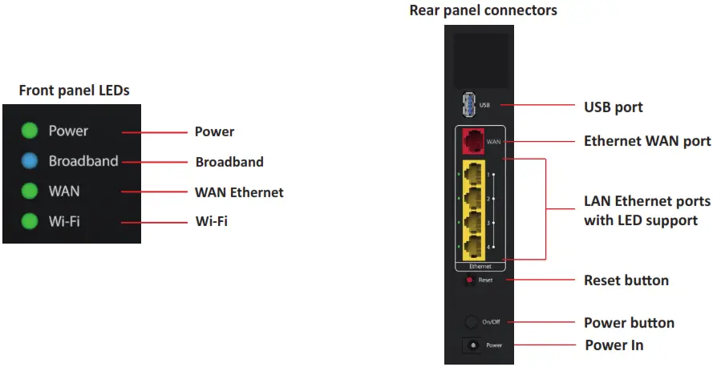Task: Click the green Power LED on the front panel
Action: (30, 131)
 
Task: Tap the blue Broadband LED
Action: (30, 161)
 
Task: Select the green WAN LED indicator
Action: (30, 192)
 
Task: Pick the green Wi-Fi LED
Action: (30, 221)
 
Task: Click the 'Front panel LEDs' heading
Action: (74, 91)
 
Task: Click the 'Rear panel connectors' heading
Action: (483, 10)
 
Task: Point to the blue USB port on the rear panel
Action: (468, 105)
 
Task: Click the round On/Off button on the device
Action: (472, 322)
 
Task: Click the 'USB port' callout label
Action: (613, 107)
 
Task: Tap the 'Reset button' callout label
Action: (626, 280)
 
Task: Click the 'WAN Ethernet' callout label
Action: (239, 192)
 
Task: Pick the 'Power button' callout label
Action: (629, 323)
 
